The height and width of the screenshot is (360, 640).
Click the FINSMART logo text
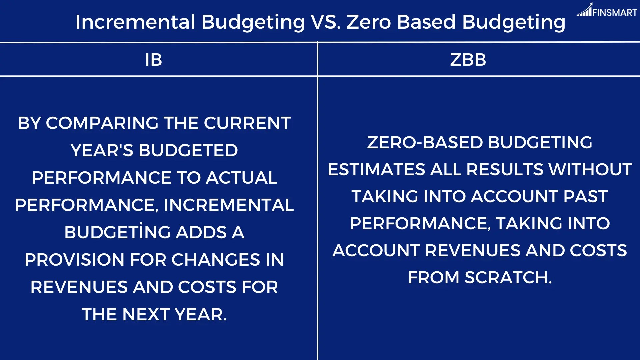[x=615, y=13]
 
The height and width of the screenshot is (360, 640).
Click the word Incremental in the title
[x=135, y=22]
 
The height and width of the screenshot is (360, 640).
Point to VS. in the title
[x=326, y=22]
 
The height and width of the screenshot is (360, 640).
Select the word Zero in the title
[x=368, y=22]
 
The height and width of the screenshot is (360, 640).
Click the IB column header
[x=154, y=60]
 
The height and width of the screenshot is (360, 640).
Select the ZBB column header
[x=468, y=60]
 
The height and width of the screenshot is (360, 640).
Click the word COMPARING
[x=102, y=123]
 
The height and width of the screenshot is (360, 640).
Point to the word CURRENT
[x=247, y=123]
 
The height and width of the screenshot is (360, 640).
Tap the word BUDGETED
[x=188, y=150]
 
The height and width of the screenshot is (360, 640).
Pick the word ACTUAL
[x=241, y=178]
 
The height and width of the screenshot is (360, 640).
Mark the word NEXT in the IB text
[x=146, y=314]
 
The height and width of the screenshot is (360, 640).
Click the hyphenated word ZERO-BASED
[x=425, y=142]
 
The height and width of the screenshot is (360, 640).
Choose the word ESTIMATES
[x=376, y=169]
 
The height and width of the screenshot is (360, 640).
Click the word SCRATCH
[x=508, y=277]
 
